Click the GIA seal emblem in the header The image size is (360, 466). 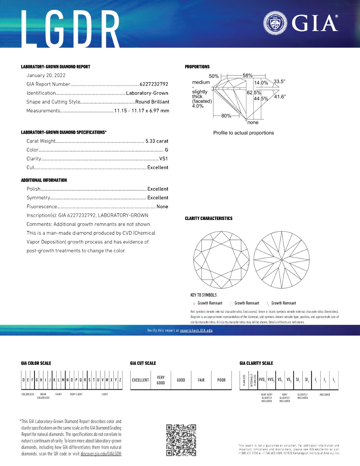tap(275, 23)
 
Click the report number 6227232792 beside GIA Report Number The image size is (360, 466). tap(154, 84)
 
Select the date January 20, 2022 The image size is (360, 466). tap(46, 75)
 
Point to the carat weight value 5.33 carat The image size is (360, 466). tap(157, 141)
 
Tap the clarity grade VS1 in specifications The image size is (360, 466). tap(163, 159)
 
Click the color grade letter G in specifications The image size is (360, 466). tap(166, 150)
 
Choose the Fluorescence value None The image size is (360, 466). tap(162, 206)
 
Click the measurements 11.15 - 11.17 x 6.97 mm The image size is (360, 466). tap(142, 111)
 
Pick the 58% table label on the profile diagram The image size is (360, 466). tap(247, 76)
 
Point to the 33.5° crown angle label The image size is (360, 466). tap(279, 81)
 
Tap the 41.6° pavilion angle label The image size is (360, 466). tap(280, 97)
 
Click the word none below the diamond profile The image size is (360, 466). tap(253, 123)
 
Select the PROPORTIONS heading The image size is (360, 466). tap(197, 67)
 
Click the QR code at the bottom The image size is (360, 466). tap(181, 440)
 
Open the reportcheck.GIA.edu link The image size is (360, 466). tap(196, 330)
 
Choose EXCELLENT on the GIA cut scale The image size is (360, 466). tap(140, 380)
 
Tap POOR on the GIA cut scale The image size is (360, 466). tap(221, 380)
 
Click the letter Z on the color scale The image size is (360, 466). tap(120, 380)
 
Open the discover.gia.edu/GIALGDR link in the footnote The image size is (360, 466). tap(101, 454)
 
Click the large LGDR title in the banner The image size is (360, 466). tap(70, 29)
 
